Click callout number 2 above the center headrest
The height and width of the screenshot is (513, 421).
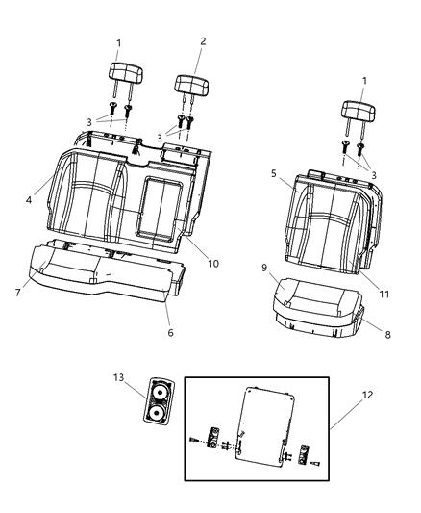(x=201, y=42)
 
